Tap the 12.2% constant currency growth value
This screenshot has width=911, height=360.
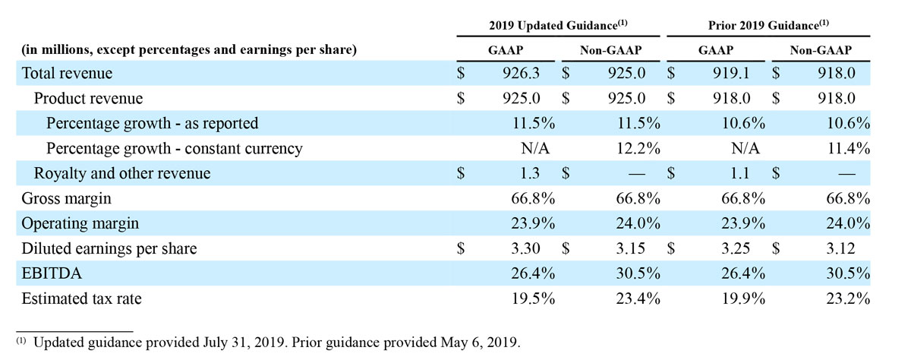coord(639,148)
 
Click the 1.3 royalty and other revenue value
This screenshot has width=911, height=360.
coord(530,173)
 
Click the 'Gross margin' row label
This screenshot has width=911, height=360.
coord(66,198)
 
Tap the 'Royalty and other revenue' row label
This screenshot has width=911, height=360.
coord(122,173)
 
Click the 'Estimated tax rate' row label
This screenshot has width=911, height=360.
coord(82,298)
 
